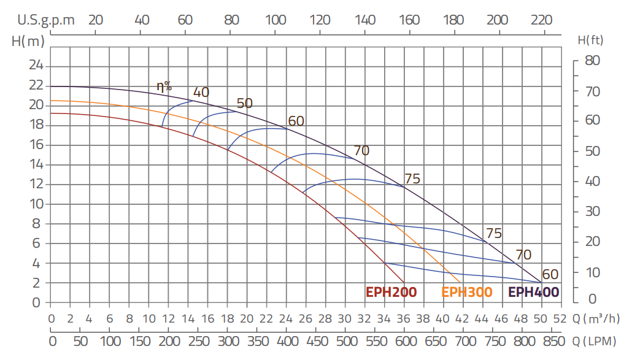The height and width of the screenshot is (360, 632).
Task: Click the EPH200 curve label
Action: point(391,292)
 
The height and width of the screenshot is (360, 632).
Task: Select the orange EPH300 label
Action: point(467,292)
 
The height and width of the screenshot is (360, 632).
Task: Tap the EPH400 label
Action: point(534,292)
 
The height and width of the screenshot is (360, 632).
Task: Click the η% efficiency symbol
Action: point(164,86)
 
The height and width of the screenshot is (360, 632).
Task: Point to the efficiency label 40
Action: point(201,93)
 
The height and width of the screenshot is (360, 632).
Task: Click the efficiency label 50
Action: point(244,103)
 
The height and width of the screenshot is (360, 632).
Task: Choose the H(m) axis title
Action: point(28,41)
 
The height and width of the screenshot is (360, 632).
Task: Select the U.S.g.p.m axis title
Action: point(46,20)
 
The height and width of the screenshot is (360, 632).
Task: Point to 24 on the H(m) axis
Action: point(37,66)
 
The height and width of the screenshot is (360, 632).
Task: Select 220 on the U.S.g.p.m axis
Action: point(542,20)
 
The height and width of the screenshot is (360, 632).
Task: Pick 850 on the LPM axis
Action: point(553,341)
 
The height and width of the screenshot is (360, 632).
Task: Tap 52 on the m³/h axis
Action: point(559,318)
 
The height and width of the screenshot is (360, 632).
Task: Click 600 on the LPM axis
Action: point(405,341)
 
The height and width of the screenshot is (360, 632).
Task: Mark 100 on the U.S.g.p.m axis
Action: point(276,20)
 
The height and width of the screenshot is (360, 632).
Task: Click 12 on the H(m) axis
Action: point(37,184)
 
